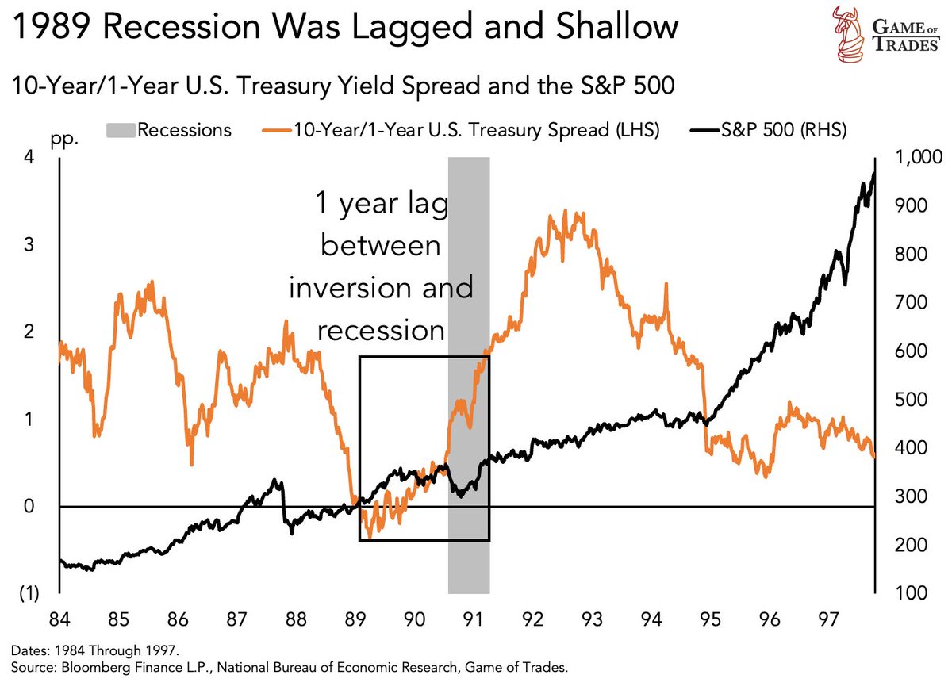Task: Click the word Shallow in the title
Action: click(608, 29)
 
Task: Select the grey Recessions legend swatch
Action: click(120, 130)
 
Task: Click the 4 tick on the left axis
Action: click(29, 157)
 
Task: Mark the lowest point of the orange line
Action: click(370, 537)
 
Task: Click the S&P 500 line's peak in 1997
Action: click(873, 174)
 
